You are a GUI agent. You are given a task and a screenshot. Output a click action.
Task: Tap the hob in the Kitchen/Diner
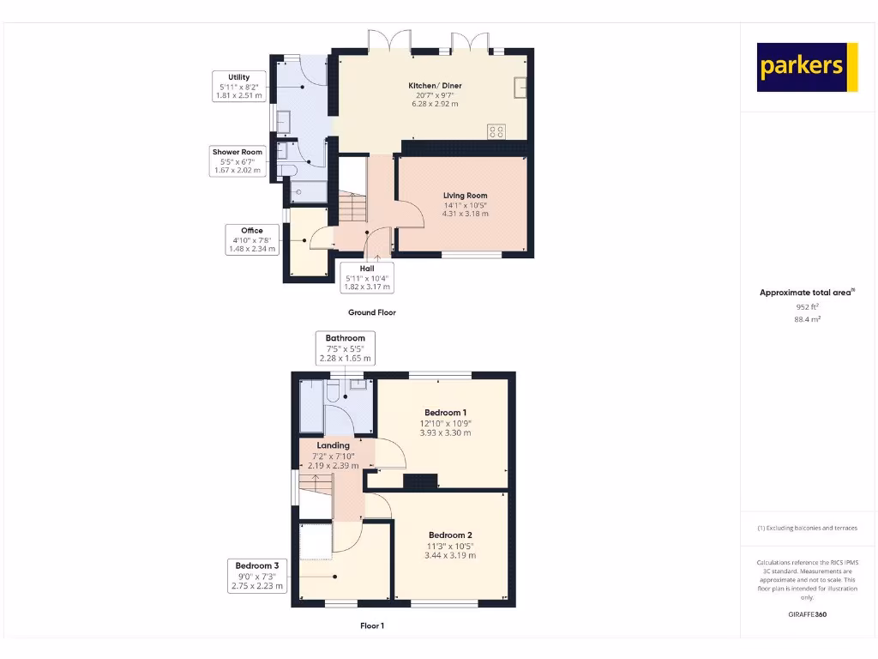click(496, 131)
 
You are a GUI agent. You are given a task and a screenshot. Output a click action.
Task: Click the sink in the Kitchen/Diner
click(520, 87)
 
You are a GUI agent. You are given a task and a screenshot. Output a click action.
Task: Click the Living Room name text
click(465, 196)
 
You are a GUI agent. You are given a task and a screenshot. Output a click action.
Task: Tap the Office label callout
click(251, 239)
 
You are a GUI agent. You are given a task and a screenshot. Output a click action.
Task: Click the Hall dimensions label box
click(366, 278)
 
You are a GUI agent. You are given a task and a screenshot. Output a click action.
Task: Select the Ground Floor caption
click(372, 312)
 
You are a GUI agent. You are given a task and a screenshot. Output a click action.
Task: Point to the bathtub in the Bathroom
click(310, 406)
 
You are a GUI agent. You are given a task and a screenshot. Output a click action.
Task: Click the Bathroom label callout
click(345, 348)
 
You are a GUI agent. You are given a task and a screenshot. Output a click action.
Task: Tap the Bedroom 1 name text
click(445, 413)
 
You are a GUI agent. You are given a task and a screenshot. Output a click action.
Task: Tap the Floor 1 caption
click(372, 626)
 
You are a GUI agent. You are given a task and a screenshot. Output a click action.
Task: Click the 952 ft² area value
click(807, 305)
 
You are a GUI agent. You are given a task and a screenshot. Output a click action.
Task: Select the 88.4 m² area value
click(807, 318)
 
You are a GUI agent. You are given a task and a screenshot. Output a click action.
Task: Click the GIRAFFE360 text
click(807, 614)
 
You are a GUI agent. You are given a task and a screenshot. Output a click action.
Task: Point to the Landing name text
click(333, 445)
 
